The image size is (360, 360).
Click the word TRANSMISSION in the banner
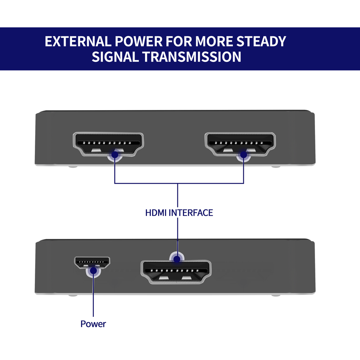[192, 57]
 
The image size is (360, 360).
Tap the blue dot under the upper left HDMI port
[115, 154]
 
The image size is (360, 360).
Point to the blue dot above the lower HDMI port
[177, 258]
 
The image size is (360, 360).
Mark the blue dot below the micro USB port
[93, 271]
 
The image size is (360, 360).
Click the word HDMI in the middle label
[156, 213]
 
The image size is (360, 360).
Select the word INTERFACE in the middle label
[191, 213]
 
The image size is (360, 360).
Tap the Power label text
[93, 324]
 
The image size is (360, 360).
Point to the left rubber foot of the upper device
[73, 166]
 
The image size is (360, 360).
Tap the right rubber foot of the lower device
[276, 295]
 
